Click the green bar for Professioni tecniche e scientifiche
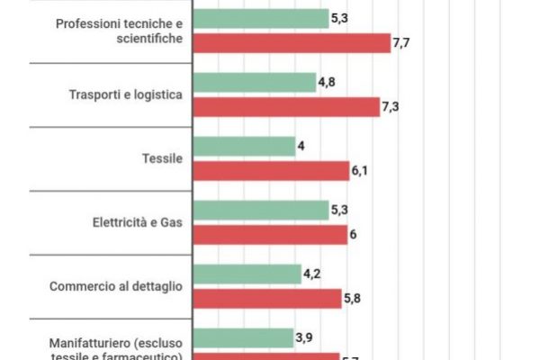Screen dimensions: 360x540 pyautogui.click(x=261, y=19)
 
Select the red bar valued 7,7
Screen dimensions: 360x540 pyautogui.click(x=292, y=42)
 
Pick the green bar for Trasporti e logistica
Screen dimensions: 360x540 pyautogui.click(x=254, y=83)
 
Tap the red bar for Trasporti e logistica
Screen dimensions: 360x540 pyautogui.click(x=287, y=106)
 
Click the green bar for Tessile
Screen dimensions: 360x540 pyautogui.click(x=244, y=147)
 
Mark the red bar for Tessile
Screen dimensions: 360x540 pyautogui.click(x=271, y=170)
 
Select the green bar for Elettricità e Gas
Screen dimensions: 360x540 pyautogui.click(x=261, y=211)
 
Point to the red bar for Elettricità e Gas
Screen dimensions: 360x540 pyautogui.click(x=270, y=234)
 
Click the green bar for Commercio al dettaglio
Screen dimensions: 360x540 pyautogui.click(x=247, y=274)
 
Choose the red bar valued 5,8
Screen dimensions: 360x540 pyautogui.click(x=267, y=298)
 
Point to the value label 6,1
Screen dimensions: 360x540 pyautogui.click(x=359, y=170)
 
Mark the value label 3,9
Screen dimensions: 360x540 pyautogui.click(x=307, y=337)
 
